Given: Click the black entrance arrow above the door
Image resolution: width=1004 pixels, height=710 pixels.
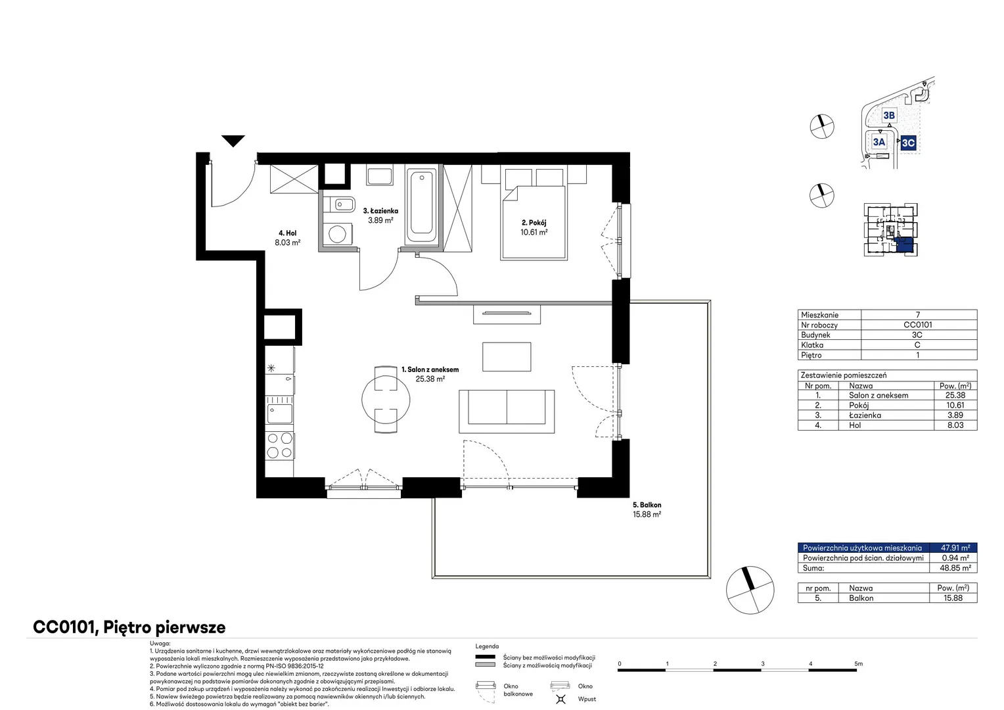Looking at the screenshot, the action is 233,141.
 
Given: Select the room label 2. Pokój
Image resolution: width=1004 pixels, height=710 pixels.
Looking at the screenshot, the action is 534,222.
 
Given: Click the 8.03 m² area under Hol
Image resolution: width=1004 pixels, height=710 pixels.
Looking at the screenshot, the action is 287,243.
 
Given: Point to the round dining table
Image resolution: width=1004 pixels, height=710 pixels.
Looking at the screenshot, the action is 386,400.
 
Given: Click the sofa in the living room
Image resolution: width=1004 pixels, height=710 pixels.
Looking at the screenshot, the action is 507,412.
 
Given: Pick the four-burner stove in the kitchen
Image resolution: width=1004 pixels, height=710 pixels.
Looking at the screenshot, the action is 280,445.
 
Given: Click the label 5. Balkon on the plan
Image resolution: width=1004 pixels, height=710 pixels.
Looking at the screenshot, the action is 647,505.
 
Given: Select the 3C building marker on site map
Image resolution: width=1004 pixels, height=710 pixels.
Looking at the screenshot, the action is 908,143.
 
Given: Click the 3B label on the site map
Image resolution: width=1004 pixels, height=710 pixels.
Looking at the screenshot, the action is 889,115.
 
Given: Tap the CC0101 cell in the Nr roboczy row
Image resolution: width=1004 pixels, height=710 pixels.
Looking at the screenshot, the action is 917,324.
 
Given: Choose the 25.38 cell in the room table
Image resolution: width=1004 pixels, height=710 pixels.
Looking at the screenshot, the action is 955,395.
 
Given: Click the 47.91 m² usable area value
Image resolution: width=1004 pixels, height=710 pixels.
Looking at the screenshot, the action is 955,548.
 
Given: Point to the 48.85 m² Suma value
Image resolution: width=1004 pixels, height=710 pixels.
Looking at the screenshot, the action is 955,568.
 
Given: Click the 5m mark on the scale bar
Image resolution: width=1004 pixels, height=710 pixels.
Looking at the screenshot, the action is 858,663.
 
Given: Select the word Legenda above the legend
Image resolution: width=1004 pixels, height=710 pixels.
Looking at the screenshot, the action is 487,646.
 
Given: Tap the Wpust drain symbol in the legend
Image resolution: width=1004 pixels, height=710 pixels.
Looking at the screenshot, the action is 560,699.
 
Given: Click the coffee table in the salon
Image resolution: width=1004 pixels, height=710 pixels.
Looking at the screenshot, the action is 507,356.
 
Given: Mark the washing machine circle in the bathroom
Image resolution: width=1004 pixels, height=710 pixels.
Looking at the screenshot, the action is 337,234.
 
